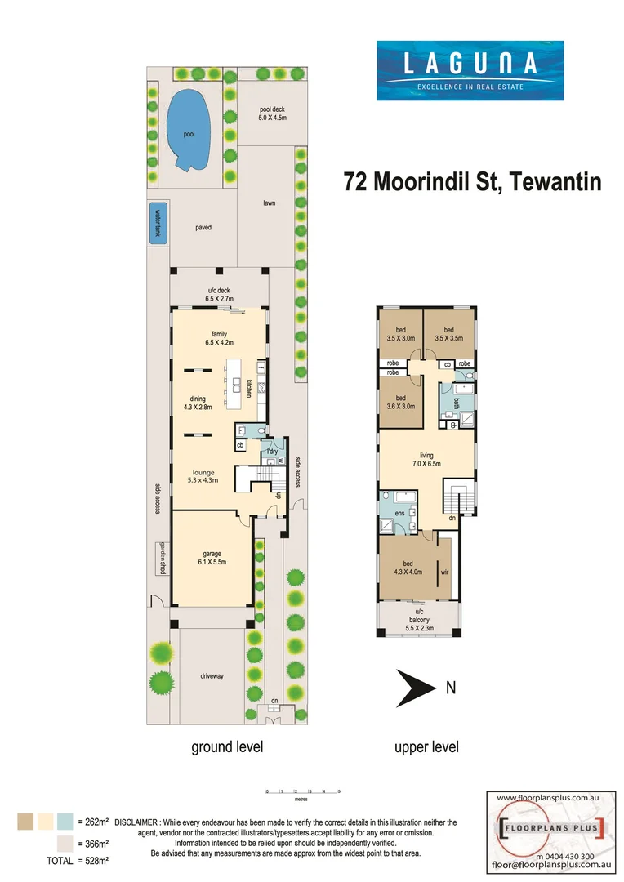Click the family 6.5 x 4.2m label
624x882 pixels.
pyautogui.click(x=219, y=339)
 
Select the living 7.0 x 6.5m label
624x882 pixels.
pyautogui.click(x=426, y=459)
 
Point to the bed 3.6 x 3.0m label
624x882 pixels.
pyautogui.click(x=400, y=401)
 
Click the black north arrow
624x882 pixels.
pyautogui.click(x=415, y=688)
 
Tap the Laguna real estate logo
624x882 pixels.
pyautogui.click(x=469, y=72)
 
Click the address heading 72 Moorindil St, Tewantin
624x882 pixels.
pyautogui.click(x=473, y=181)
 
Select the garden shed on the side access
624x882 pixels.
pyautogui.click(x=163, y=559)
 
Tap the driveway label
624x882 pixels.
pyautogui.click(x=211, y=676)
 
